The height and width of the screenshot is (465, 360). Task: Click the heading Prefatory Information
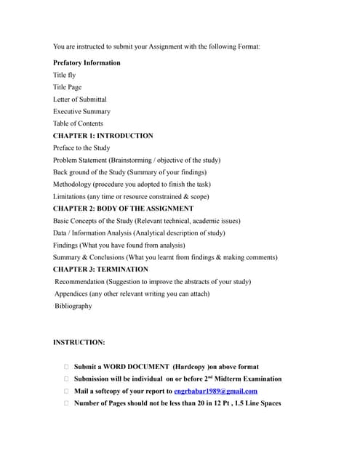pyautogui.click(x=87, y=62)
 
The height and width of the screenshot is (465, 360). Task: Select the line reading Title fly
pyautogui.click(x=64, y=75)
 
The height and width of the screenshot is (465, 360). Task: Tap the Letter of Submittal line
pyautogui.click(x=79, y=100)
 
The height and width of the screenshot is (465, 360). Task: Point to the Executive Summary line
pyautogui.click(x=81, y=111)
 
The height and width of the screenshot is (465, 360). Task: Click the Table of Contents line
pyautogui.click(x=78, y=124)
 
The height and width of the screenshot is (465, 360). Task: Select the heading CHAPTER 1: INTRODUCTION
pyautogui.click(x=103, y=136)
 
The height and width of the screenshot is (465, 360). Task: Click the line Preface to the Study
pyautogui.click(x=81, y=147)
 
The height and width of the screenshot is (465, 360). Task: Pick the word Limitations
pyautogui.click(x=71, y=196)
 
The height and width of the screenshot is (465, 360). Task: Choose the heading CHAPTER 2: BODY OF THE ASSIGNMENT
pyautogui.click(x=123, y=209)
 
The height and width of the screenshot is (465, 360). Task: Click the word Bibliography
pyautogui.click(x=73, y=306)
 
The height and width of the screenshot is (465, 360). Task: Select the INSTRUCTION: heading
pyautogui.click(x=79, y=342)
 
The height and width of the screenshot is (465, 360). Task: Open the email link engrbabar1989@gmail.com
pyautogui.click(x=216, y=391)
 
